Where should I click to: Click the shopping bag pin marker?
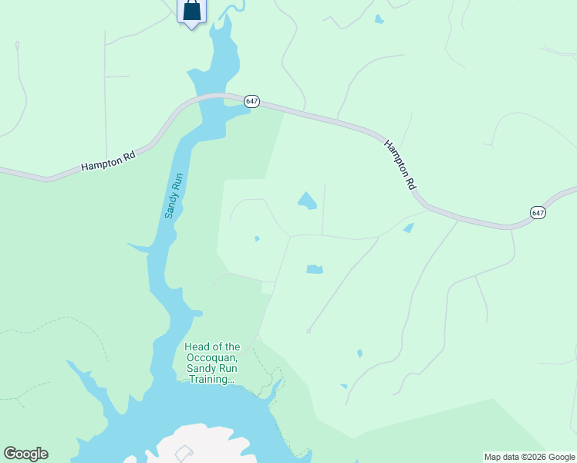pyautogui.click(x=191, y=11)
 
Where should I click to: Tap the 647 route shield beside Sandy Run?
pyautogui.click(x=252, y=102)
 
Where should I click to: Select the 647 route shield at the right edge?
pyautogui.click(x=538, y=211)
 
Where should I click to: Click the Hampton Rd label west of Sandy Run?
pyautogui.click(x=108, y=161)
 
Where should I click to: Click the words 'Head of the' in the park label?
pyautogui.click(x=212, y=347)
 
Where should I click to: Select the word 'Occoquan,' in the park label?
pyautogui.click(x=212, y=358)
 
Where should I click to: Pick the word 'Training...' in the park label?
pyautogui.click(x=212, y=379)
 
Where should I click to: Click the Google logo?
pyautogui.click(x=25, y=454)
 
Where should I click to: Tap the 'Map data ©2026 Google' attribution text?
pyautogui.click(x=530, y=457)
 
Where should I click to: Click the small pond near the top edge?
pyautogui.click(x=378, y=19)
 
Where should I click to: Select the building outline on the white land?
pyautogui.click(x=183, y=453)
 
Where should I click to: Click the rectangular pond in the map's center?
pyautogui.click(x=314, y=269)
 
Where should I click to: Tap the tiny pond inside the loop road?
pyautogui.click(x=257, y=238)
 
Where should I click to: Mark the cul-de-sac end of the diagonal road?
pyautogui.click(x=308, y=331)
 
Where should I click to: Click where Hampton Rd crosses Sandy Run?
pyautogui.click(x=210, y=99)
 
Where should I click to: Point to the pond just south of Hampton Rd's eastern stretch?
pyautogui.click(x=408, y=228)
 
